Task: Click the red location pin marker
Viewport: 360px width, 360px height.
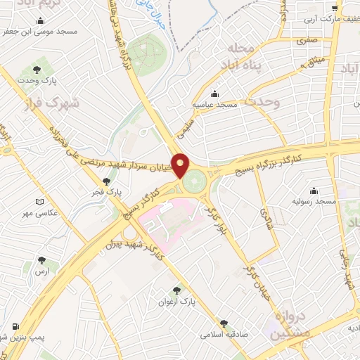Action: (181, 165)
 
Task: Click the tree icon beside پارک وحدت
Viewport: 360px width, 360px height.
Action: (37, 69)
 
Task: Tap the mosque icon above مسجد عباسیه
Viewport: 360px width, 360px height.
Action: (214, 94)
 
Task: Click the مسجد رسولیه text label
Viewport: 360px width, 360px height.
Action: (314, 202)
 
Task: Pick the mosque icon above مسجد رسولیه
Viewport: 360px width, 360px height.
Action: (314, 191)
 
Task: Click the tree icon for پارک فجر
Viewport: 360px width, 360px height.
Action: (106, 181)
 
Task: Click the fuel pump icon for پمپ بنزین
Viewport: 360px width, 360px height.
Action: (15, 327)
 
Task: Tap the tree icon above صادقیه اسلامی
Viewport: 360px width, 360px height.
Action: (224, 323)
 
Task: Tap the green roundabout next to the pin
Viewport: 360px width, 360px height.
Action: (198, 179)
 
